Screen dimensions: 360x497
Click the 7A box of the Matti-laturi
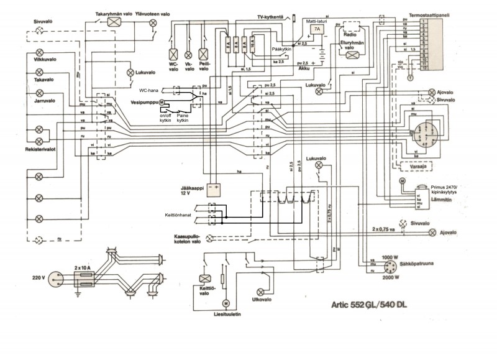point(316,29)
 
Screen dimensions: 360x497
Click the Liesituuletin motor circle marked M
point(226,302)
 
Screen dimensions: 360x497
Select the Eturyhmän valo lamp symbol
point(352,55)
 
